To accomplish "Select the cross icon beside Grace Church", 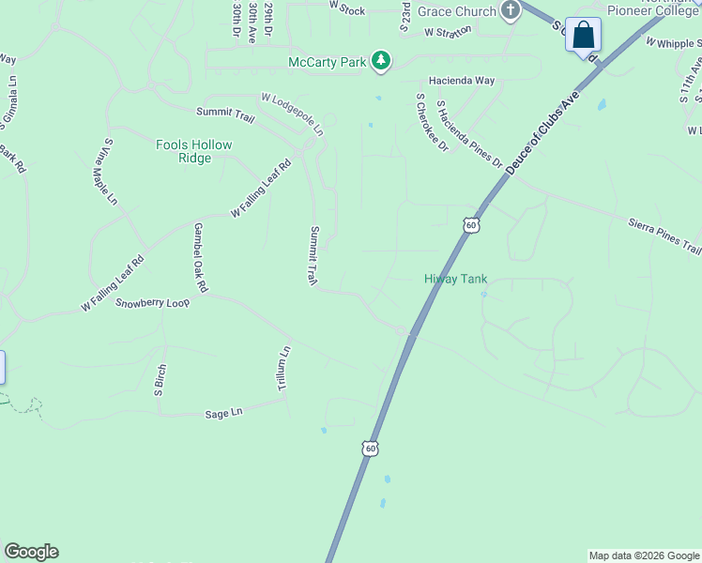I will [511, 11].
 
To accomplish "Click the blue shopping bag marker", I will [583, 37].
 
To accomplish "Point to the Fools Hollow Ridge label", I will [194, 151].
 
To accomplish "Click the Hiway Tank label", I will [456, 279].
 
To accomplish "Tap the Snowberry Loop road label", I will [152, 303].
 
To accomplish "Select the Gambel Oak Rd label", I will [200, 256].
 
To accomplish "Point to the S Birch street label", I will [160, 379].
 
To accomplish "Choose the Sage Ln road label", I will [223, 412].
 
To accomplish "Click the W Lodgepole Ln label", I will [292, 111].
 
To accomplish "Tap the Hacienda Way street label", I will [462, 81].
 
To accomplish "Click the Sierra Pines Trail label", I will [664, 235].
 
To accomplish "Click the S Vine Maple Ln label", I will [104, 173].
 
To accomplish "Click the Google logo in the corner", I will [31, 552].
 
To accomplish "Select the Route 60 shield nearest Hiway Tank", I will [471, 225].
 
